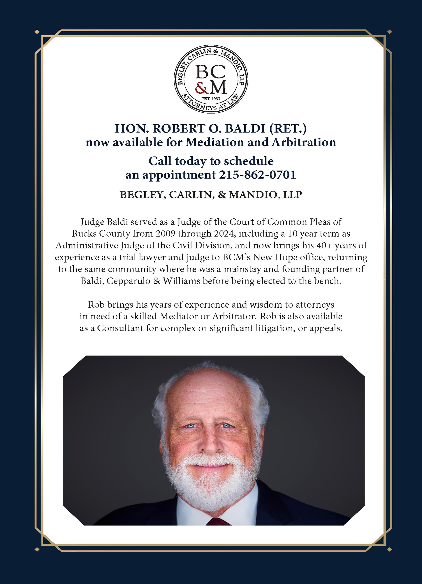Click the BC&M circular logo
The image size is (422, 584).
(x=211, y=79)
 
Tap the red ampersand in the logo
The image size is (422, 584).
(x=200, y=88)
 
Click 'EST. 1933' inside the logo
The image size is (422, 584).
(x=211, y=99)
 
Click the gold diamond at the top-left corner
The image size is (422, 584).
(x=37, y=32)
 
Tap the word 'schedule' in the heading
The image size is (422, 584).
(x=249, y=161)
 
